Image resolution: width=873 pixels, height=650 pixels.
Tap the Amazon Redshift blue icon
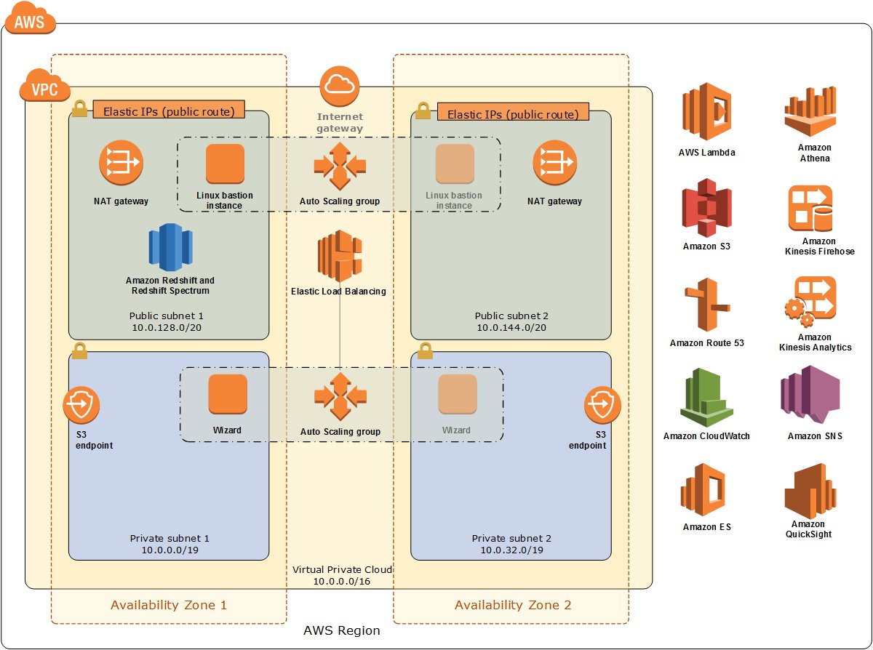(x=170, y=248)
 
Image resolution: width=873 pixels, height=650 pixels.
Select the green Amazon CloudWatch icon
(x=706, y=397)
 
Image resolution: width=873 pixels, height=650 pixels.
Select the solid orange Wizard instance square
(x=228, y=394)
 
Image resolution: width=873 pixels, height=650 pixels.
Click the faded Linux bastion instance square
(x=455, y=164)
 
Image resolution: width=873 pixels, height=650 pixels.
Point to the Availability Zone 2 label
(x=513, y=605)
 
